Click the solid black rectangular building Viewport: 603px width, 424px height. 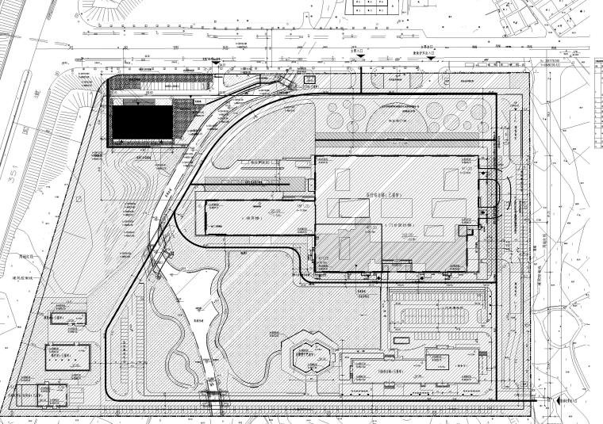click(141, 122)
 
